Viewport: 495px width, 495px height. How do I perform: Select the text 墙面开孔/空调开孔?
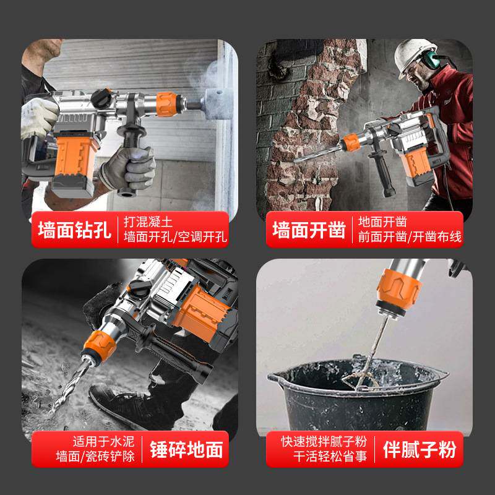pyautogui.click(x=176, y=238)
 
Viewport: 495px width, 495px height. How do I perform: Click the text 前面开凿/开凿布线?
pyautogui.click(x=410, y=238)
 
